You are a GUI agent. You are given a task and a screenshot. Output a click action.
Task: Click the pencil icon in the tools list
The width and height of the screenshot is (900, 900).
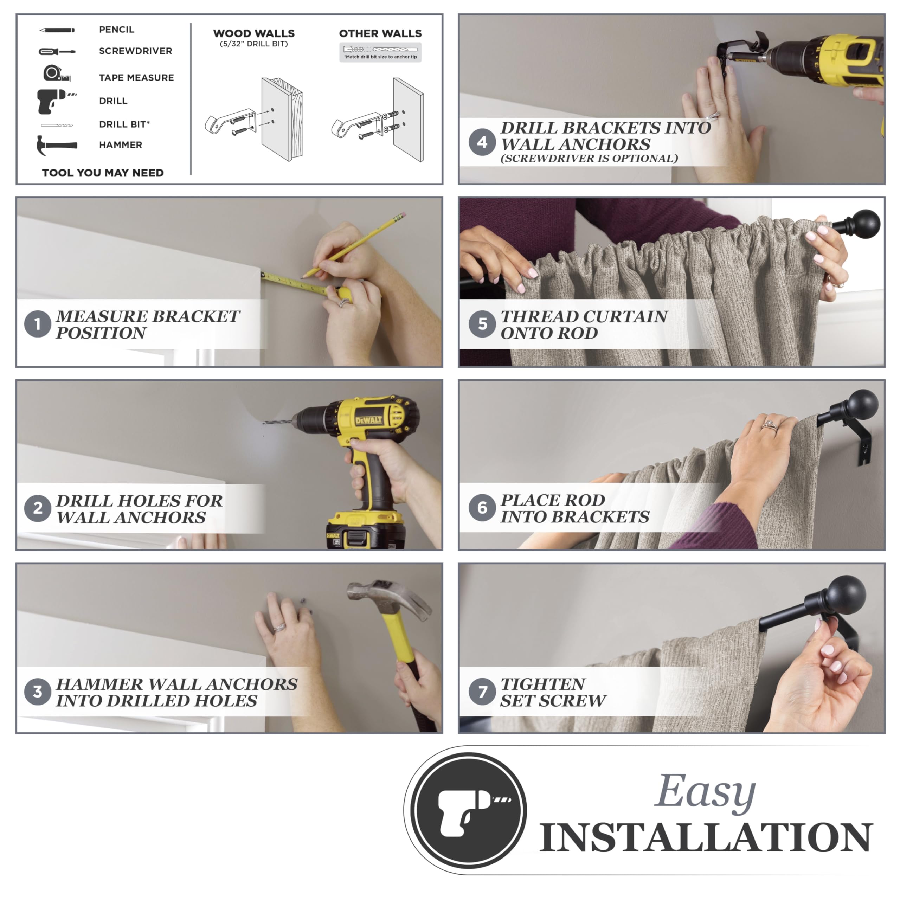(x=57, y=30)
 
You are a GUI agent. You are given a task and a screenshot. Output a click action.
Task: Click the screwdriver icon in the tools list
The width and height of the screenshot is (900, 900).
(x=57, y=51)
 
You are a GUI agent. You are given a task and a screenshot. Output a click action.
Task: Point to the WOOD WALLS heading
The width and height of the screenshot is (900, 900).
(x=254, y=33)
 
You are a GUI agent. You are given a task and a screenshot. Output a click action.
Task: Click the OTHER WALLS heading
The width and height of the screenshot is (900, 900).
(x=380, y=33)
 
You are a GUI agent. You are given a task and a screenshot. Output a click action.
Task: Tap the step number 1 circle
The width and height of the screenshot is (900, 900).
(x=38, y=324)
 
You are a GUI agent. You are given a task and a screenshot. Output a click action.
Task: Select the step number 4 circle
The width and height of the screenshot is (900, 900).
(x=482, y=142)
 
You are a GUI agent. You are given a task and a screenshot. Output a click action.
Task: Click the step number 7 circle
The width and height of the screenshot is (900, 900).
(x=482, y=691)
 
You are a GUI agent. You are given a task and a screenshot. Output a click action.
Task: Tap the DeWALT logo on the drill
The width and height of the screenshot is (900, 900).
(x=369, y=420)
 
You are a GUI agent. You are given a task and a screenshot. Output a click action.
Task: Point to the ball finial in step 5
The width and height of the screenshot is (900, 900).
(x=867, y=224)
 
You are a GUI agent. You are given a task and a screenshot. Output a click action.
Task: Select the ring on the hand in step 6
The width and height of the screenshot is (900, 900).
(x=769, y=425)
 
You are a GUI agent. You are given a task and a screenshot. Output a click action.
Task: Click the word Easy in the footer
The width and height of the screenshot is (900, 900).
(x=705, y=792)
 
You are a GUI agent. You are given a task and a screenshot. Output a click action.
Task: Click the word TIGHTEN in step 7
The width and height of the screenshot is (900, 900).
(x=543, y=684)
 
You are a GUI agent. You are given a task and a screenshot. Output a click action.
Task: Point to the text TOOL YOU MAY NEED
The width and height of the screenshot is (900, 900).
(x=103, y=173)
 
